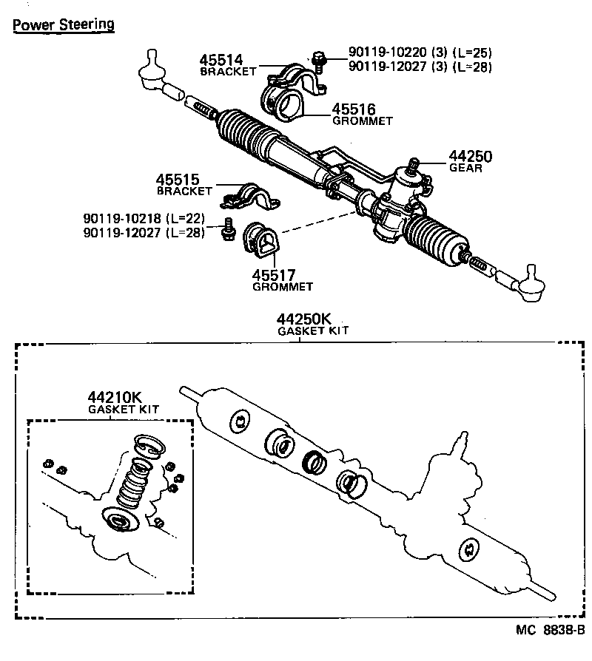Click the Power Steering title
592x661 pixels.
[63, 24]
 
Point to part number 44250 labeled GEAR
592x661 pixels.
[470, 157]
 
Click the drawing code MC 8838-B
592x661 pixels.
[551, 631]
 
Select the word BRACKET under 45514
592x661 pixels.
[227, 72]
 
